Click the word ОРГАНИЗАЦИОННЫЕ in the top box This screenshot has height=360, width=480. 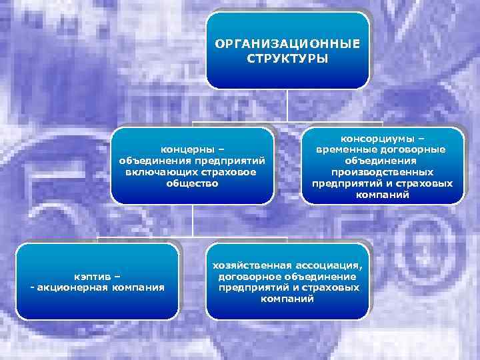[287, 44]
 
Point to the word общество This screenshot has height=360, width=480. [192, 183]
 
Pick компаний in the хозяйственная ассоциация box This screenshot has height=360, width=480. [287, 299]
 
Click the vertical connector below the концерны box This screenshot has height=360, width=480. [192, 220]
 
